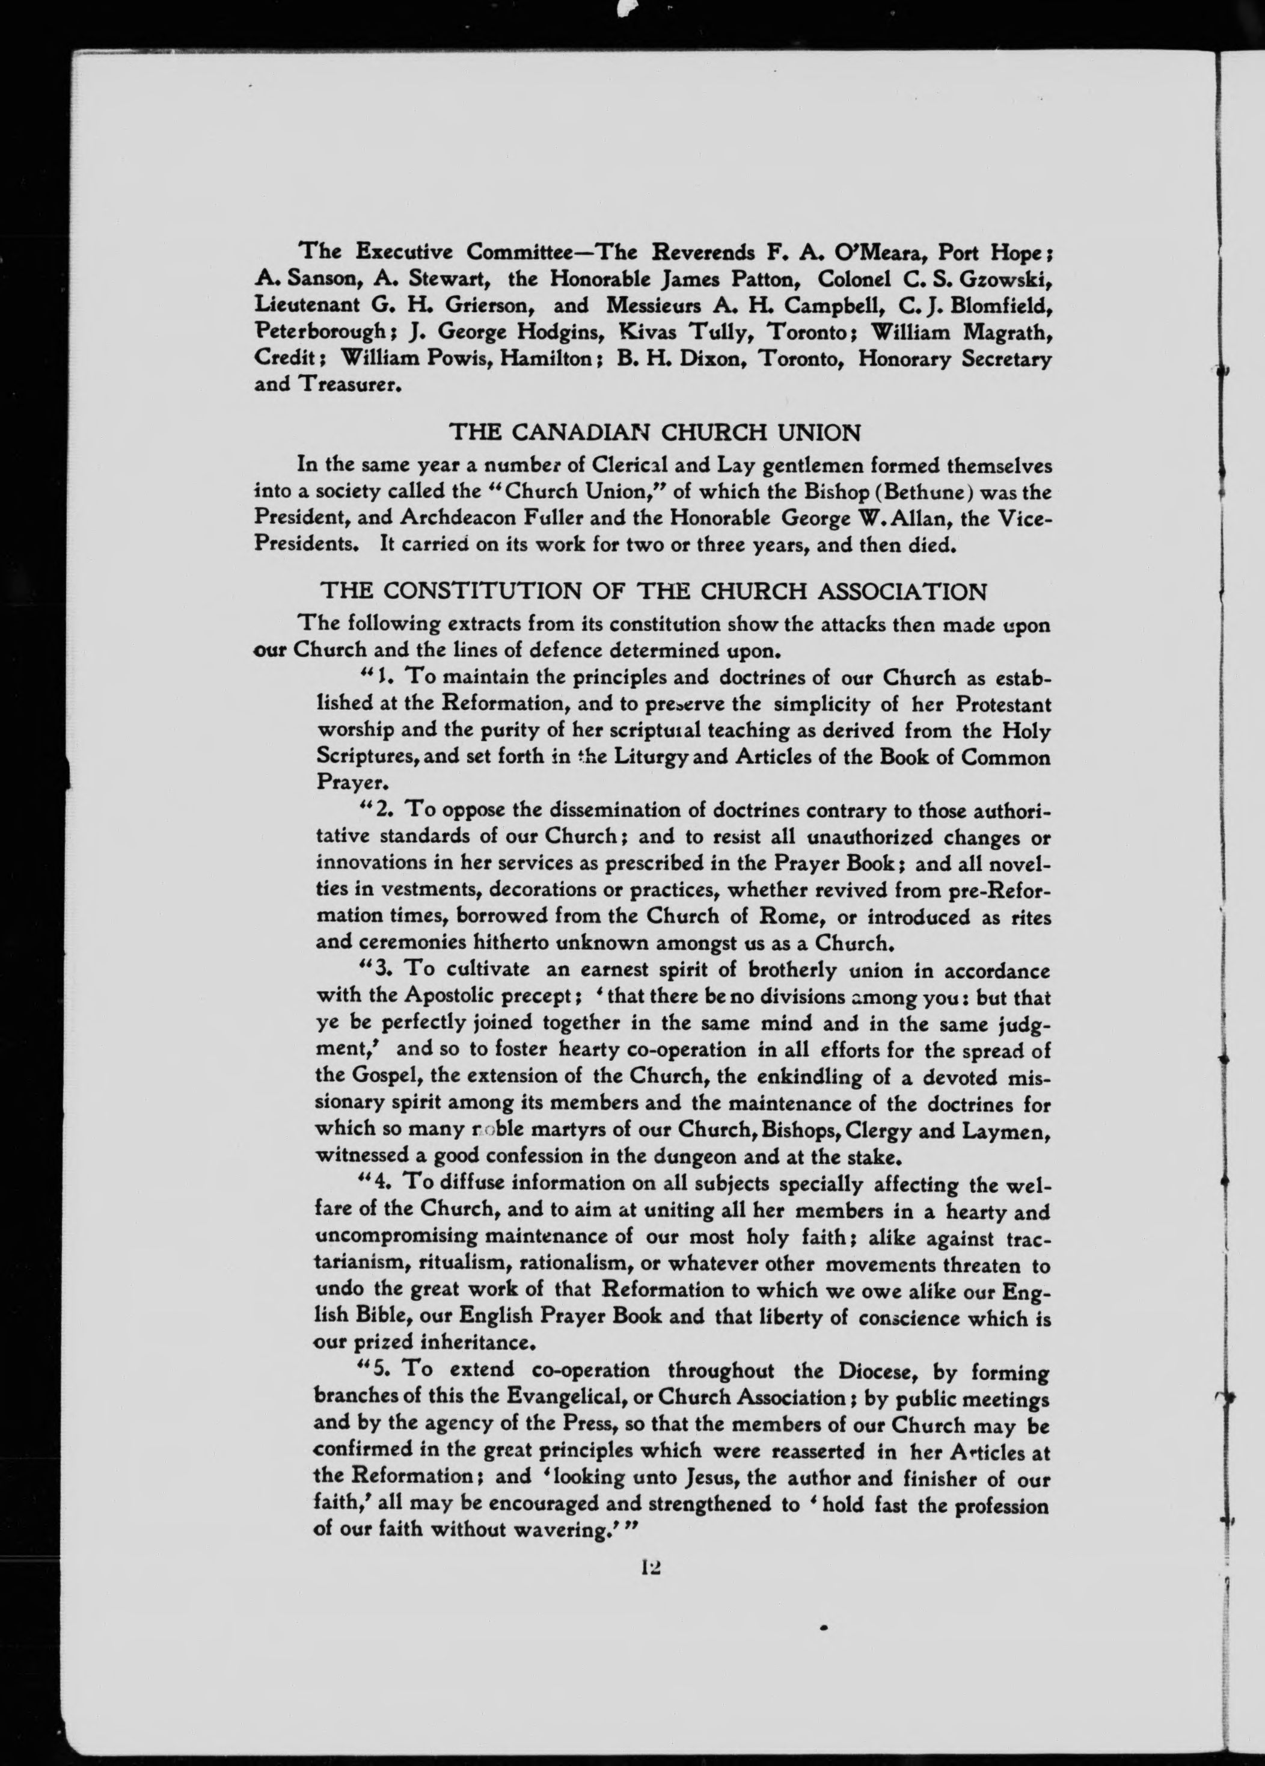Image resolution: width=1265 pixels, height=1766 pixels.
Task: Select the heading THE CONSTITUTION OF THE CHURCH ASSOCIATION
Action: (655, 591)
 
